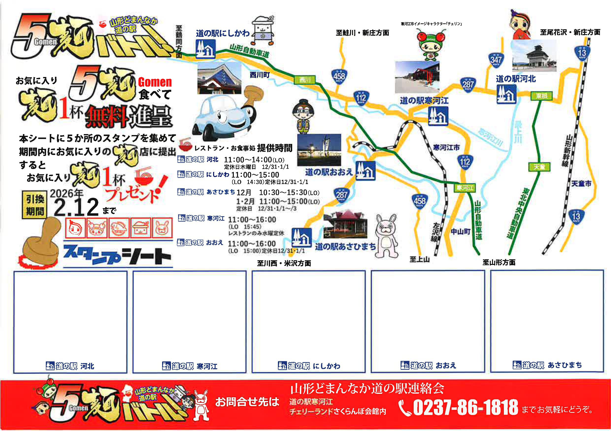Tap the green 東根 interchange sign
[x=541, y=96]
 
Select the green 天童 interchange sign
[x=539, y=167]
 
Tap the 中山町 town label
[x=461, y=232]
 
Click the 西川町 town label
[x=259, y=75]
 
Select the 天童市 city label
[x=581, y=184]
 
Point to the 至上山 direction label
[x=419, y=259]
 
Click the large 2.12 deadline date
[x=76, y=207]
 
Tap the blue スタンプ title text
[x=92, y=255]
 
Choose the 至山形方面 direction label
[x=499, y=262]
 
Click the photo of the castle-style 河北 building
[x=534, y=56]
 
